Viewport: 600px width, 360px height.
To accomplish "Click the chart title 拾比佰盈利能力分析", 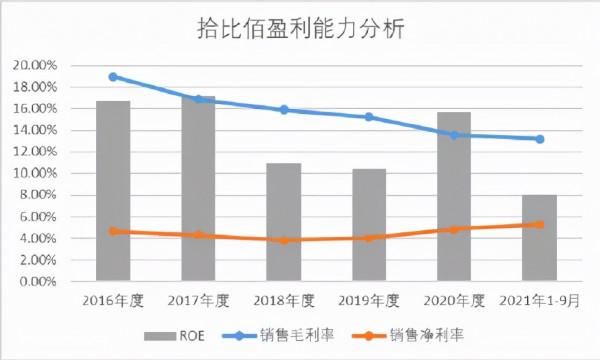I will point(300,29).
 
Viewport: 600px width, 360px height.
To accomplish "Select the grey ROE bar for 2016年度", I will point(113,190).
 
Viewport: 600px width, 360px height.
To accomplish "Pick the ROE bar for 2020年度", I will point(454,196).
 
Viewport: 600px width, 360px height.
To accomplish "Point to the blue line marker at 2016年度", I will point(113,76).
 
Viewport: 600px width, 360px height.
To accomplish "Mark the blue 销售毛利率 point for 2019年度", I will point(369,117).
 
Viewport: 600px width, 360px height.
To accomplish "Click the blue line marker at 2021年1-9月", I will point(540,139).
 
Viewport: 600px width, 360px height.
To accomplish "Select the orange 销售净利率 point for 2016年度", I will point(113,231).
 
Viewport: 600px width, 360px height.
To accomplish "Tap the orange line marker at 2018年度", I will point(284,240).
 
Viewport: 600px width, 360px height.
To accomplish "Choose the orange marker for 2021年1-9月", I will point(540,225).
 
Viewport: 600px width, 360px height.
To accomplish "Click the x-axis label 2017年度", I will point(198,300).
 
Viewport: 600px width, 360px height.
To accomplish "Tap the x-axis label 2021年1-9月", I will point(540,300).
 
